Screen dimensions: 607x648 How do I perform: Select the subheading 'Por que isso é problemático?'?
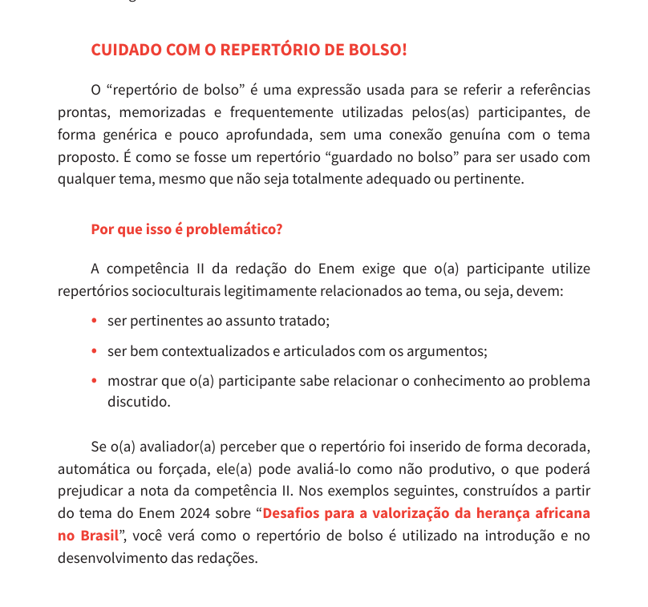pos(186,229)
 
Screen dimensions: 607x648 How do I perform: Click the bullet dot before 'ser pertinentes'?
pos(95,321)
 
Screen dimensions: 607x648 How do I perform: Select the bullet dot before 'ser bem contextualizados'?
pos(95,351)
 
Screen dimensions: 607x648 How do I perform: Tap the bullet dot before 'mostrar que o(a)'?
pos(95,381)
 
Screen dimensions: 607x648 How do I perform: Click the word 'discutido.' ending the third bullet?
pos(139,402)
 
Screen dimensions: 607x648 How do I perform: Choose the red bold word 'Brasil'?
pos(99,535)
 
